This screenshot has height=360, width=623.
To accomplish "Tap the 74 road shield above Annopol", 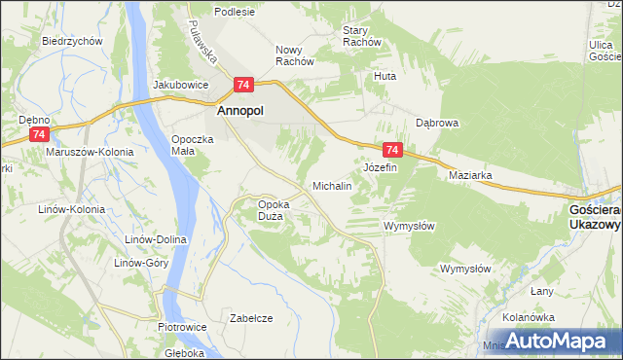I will (x=243, y=85).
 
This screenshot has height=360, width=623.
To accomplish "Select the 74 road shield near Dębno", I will (x=38, y=133).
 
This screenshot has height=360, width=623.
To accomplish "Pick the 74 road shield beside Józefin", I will (x=392, y=150).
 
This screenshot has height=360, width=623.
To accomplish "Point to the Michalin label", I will (x=331, y=185).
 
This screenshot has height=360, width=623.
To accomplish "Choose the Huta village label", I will (x=385, y=75).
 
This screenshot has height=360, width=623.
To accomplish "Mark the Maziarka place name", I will (x=470, y=175).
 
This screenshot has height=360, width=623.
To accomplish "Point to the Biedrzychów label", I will (x=73, y=42).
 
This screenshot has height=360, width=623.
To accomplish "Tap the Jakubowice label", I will (x=181, y=85).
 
